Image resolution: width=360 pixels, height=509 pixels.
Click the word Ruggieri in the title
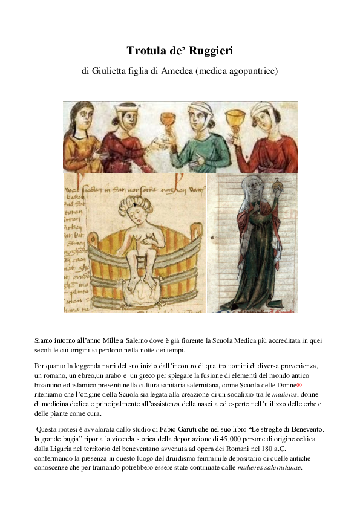tap(209, 51)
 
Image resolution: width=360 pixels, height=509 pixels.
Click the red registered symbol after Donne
tap(299, 384)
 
